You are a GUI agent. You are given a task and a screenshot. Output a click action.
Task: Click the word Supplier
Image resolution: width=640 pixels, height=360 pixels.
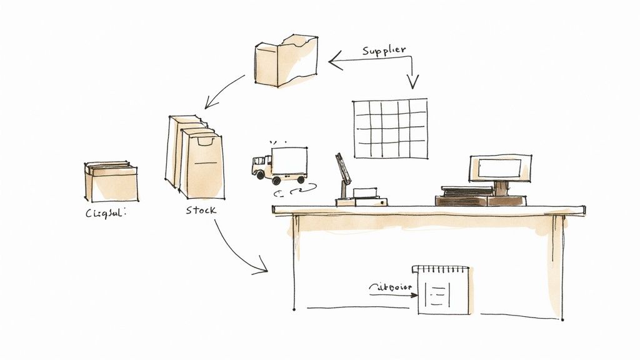click(x=384, y=49)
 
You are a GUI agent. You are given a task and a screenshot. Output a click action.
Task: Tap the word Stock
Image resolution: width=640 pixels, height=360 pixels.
click(x=201, y=210)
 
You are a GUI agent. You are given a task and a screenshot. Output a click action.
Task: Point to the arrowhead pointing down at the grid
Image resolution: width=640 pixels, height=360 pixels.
click(x=412, y=83)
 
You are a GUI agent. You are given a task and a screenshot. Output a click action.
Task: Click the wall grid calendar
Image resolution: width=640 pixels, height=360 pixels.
click(x=391, y=128)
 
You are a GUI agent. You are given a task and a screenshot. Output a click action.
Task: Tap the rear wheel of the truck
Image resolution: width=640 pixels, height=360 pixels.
click(x=300, y=180)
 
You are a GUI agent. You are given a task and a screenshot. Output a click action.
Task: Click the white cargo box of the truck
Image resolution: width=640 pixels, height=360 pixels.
click(x=289, y=161)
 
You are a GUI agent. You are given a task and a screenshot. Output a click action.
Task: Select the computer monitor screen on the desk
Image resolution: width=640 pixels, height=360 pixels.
click(x=499, y=167)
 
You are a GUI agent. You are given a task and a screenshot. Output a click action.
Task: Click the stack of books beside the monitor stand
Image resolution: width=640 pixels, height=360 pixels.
click(x=463, y=195)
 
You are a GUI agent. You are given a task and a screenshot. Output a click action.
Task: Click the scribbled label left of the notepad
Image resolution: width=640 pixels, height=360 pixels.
click(x=388, y=287)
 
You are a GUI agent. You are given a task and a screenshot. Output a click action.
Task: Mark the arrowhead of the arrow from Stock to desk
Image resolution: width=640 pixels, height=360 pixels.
click(x=262, y=271)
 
